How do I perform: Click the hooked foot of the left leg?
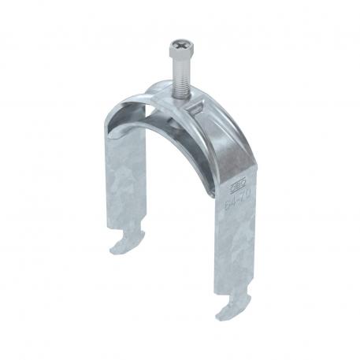(126, 240)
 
